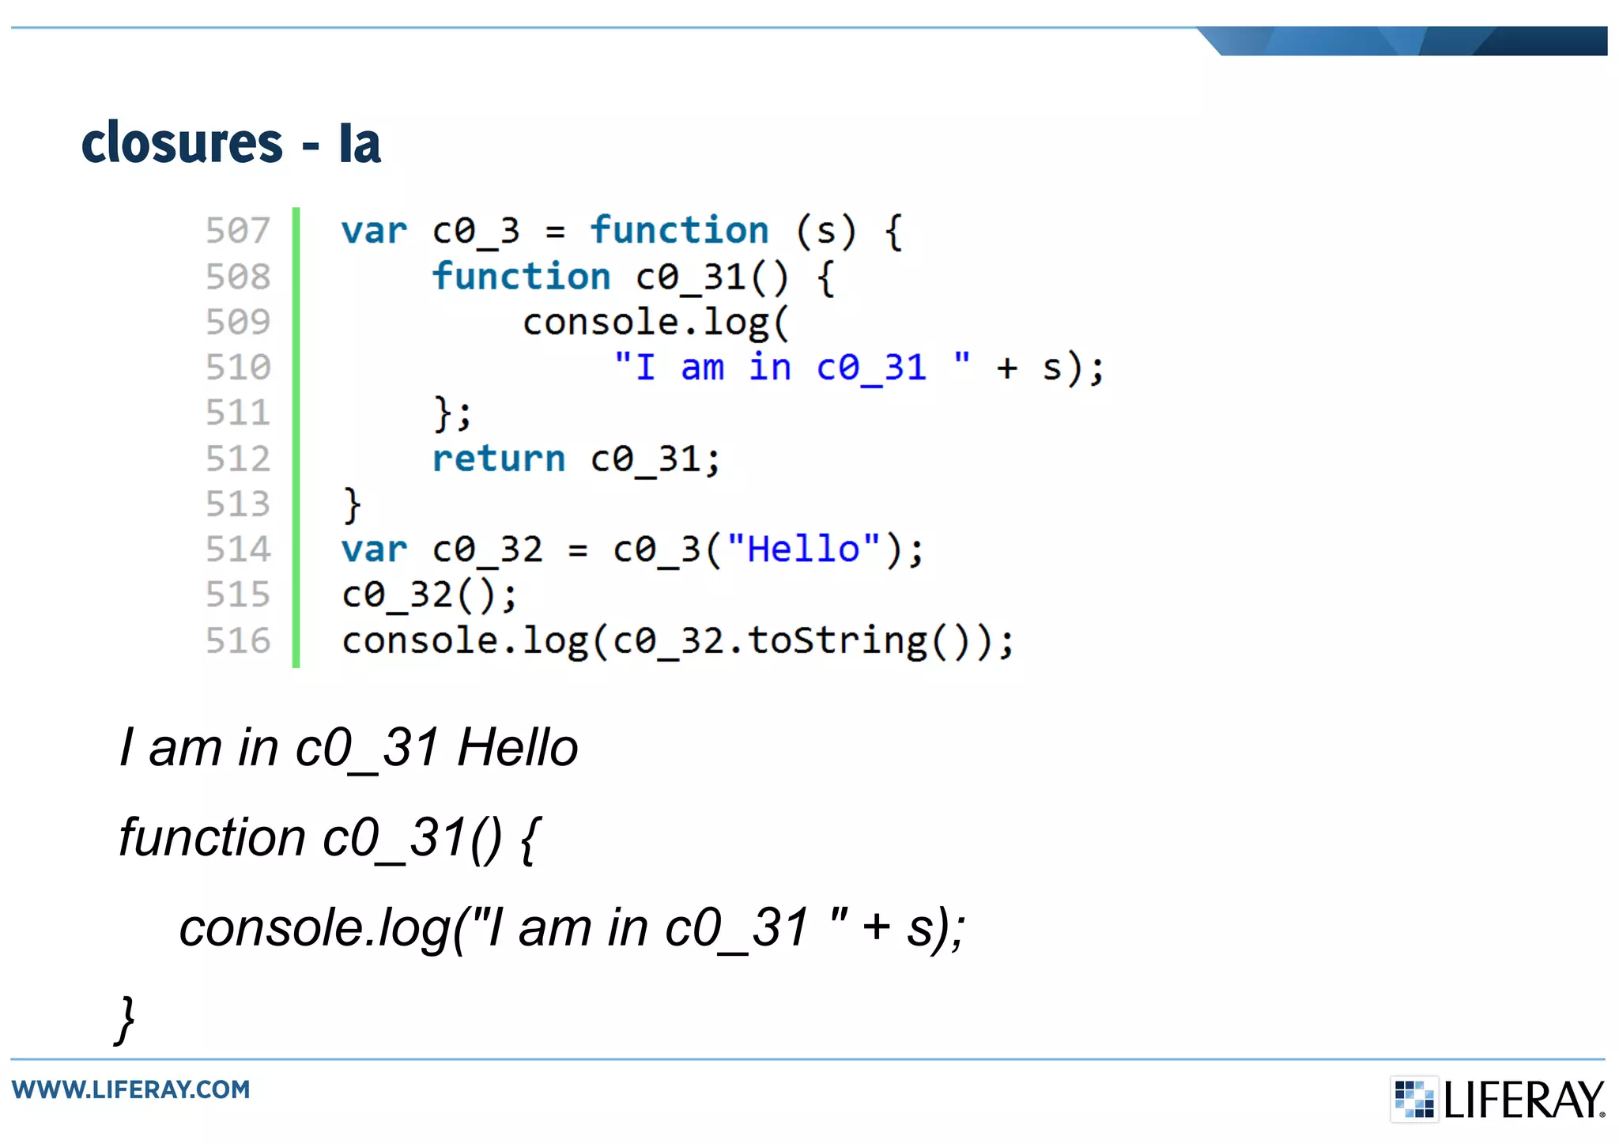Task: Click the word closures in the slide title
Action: [x=182, y=143]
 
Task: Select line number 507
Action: [x=238, y=231]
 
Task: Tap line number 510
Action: [x=238, y=368]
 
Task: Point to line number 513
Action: [x=238, y=504]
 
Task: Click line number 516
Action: [x=238, y=641]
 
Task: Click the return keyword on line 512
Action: [x=499, y=459]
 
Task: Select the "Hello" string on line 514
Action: [x=803, y=549]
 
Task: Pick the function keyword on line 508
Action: [x=522, y=277]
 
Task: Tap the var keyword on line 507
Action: [x=374, y=232]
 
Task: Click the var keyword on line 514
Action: [x=374, y=550]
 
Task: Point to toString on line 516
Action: [x=837, y=641]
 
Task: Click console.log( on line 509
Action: [x=655, y=323]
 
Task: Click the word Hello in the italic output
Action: [x=518, y=747]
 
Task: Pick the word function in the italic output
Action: [x=212, y=837]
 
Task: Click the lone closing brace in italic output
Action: [x=126, y=1020]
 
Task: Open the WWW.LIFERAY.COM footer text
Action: [x=131, y=1089]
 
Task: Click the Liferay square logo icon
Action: [x=1413, y=1099]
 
